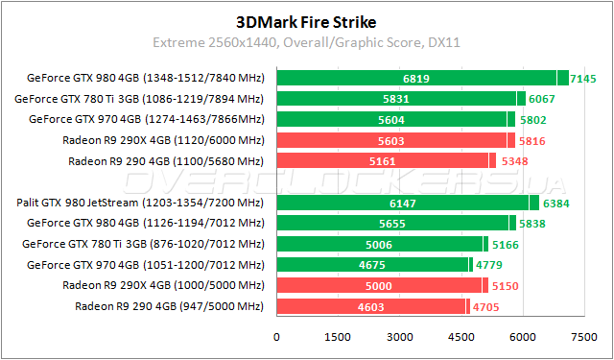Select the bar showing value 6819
tap(415, 78)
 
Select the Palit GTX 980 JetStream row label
tap(140, 203)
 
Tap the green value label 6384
tap(556, 203)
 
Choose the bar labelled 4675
tap(371, 265)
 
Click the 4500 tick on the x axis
tap(460, 338)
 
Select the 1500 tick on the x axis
tap(339, 338)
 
